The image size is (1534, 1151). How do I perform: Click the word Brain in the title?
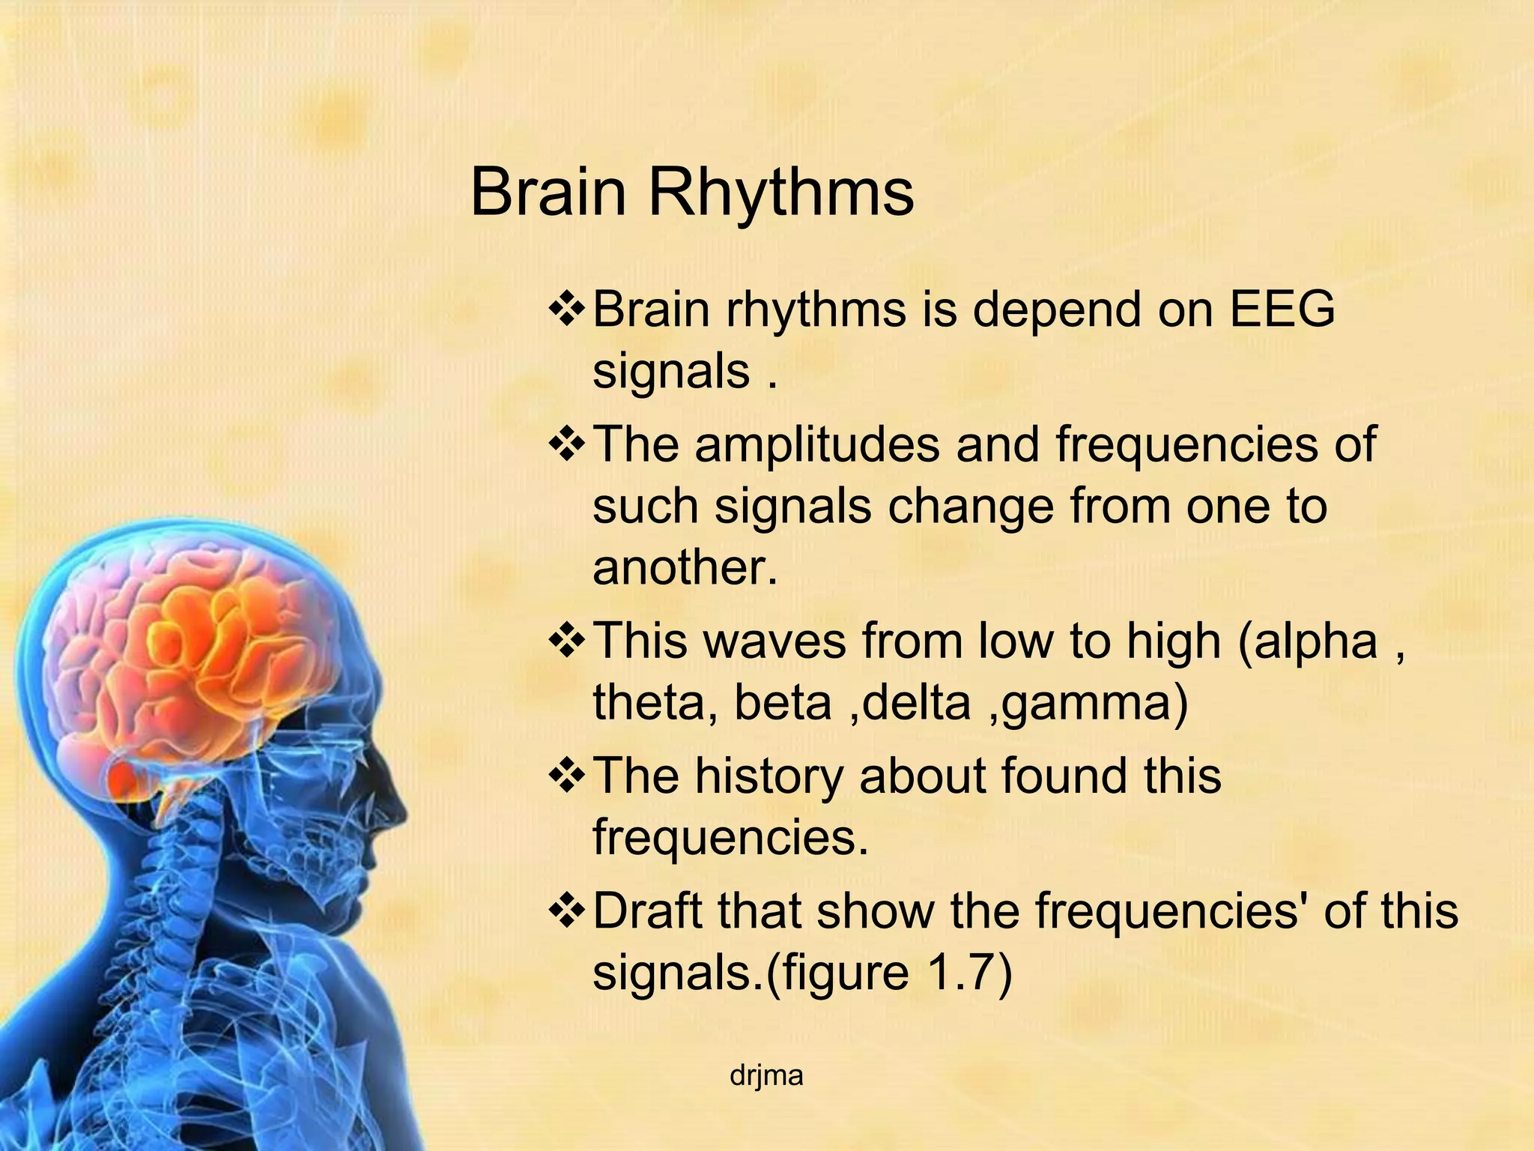(548, 193)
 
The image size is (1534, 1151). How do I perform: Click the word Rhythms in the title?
(780, 193)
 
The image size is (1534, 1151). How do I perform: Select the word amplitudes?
(816, 444)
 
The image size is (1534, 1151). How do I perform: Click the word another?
(685, 567)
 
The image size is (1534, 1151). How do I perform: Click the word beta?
(783, 703)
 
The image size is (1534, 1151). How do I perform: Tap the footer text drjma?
(766, 1076)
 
